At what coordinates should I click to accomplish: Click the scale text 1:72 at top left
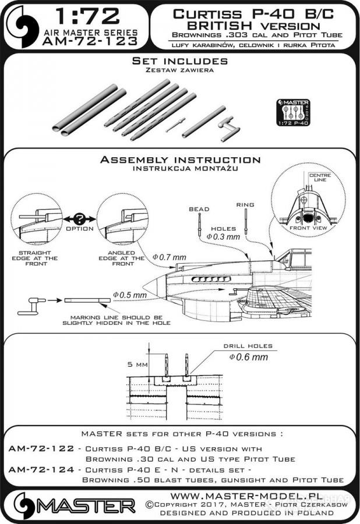[x=94, y=16]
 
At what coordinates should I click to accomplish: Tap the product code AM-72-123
[x=94, y=43]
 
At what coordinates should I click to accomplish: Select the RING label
[x=245, y=205]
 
